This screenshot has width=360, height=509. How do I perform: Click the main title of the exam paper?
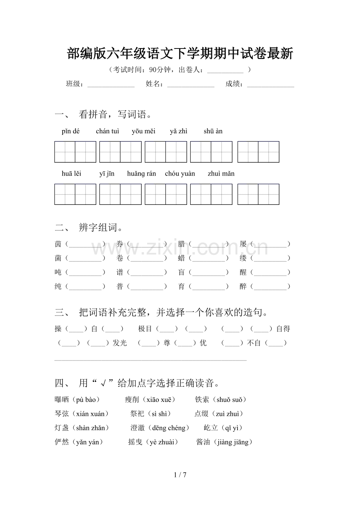click(x=180, y=54)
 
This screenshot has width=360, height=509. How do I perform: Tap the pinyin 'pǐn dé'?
click(x=70, y=131)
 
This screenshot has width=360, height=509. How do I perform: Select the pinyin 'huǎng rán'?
click(x=141, y=174)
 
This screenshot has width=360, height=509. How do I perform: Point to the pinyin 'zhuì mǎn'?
click(x=221, y=174)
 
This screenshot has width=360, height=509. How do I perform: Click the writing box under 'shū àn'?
click(x=258, y=152)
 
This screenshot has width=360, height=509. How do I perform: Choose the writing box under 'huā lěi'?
click(x=75, y=194)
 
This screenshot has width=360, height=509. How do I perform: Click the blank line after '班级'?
click(x=111, y=84)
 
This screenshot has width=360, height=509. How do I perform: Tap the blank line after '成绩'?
click(x=270, y=84)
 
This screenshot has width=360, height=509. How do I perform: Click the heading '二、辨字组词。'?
click(x=90, y=228)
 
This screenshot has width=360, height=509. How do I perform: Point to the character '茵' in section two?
click(x=58, y=244)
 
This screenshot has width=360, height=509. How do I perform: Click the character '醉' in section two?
click(x=243, y=287)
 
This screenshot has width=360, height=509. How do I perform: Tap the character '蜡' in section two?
click(x=182, y=258)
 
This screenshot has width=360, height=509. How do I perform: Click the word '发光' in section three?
click(x=120, y=343)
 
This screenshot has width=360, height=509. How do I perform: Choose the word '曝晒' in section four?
click(x=62, y=400)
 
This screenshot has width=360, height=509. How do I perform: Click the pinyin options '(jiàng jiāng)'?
click(x=234, y=442)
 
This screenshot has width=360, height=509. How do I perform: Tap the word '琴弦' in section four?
click(x=62, y=414)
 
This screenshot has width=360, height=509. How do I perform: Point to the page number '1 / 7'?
click(x=180, y=475)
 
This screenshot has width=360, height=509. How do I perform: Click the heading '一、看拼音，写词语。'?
click(x=104, y=115)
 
